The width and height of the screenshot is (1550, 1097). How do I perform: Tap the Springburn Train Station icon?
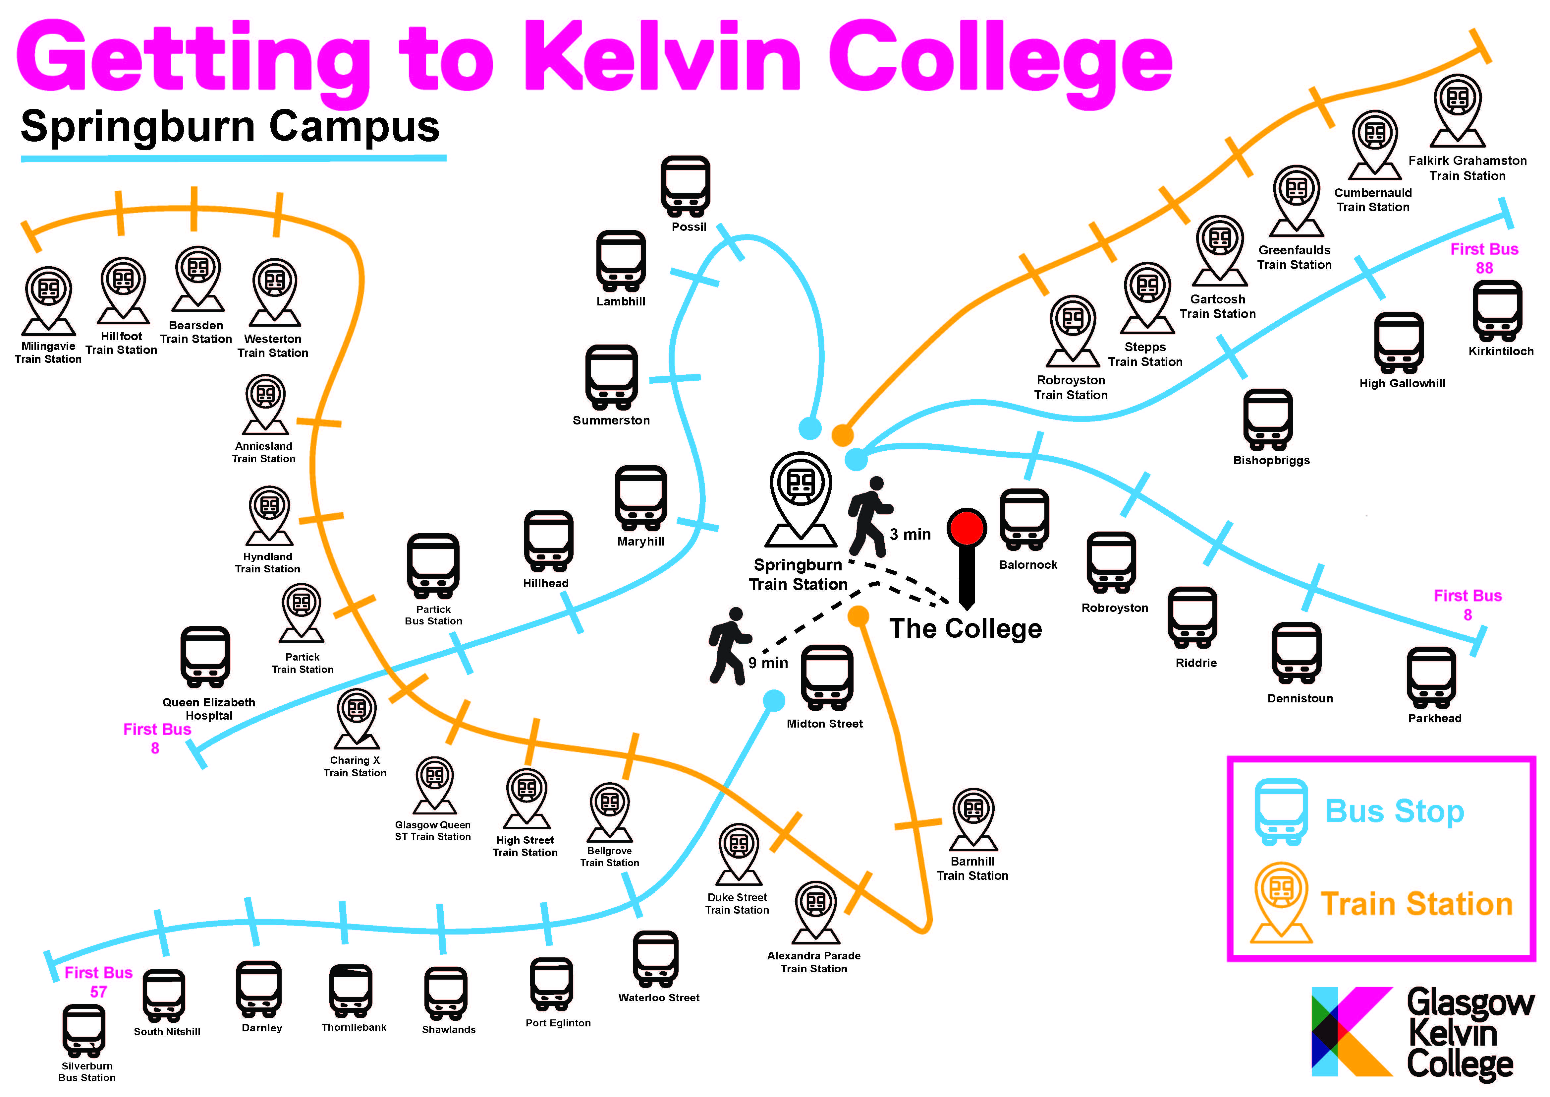(801, 496)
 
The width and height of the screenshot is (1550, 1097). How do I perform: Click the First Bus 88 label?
(1484, 258)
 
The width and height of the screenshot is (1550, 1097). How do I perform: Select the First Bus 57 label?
(98, 982)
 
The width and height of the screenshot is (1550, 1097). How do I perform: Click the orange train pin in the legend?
(1281, 902)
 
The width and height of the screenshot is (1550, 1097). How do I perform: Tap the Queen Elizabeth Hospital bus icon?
(205, 657)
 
